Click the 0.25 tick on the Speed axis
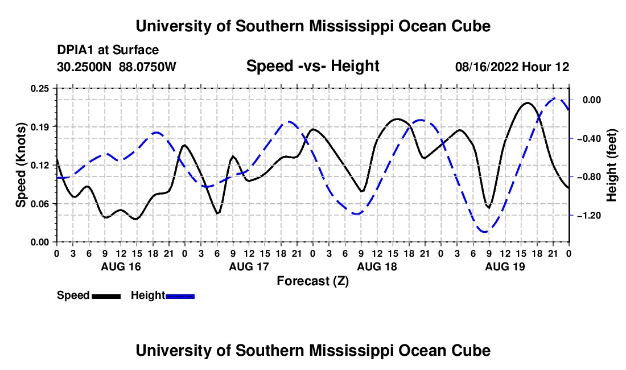coord(39,88)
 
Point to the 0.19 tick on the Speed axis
coord(39,127)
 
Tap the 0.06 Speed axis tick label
coord(39,204)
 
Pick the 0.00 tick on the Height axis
coord(592,100)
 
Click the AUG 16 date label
coord(121,266)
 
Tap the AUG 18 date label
coord(377,266)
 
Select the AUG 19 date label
coord(505,266)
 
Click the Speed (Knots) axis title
coord(20,165)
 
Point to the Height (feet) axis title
coord(611,165)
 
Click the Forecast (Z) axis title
coord(312,281)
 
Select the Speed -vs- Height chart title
coord(312,66)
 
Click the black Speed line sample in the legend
coord(106,296)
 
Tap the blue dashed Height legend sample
coord(180,296)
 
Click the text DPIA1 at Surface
coord(108,50)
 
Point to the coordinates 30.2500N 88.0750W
coord(117,67)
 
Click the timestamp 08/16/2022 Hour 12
coord(512,67)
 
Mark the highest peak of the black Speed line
coord(528,103)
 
